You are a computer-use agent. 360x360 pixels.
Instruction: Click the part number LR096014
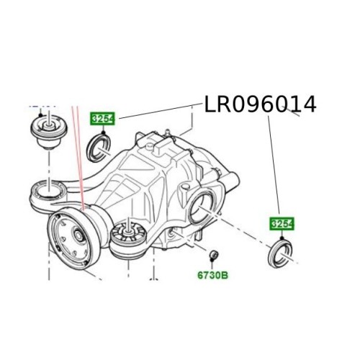pos(260,104)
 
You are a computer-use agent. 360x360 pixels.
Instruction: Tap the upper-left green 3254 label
pos(102,119)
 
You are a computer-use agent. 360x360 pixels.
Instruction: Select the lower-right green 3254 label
pos(282,224)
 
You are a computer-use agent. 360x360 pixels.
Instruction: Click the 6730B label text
pos(212,275)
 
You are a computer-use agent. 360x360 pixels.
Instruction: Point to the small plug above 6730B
pos(213,254)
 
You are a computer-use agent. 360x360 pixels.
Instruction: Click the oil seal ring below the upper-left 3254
pos(99,148)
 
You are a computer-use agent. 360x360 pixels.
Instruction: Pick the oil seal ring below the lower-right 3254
pos(280,254)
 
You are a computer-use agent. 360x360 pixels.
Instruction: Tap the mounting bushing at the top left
pos(49,132)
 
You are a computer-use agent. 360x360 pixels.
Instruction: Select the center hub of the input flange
pos(78,235)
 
